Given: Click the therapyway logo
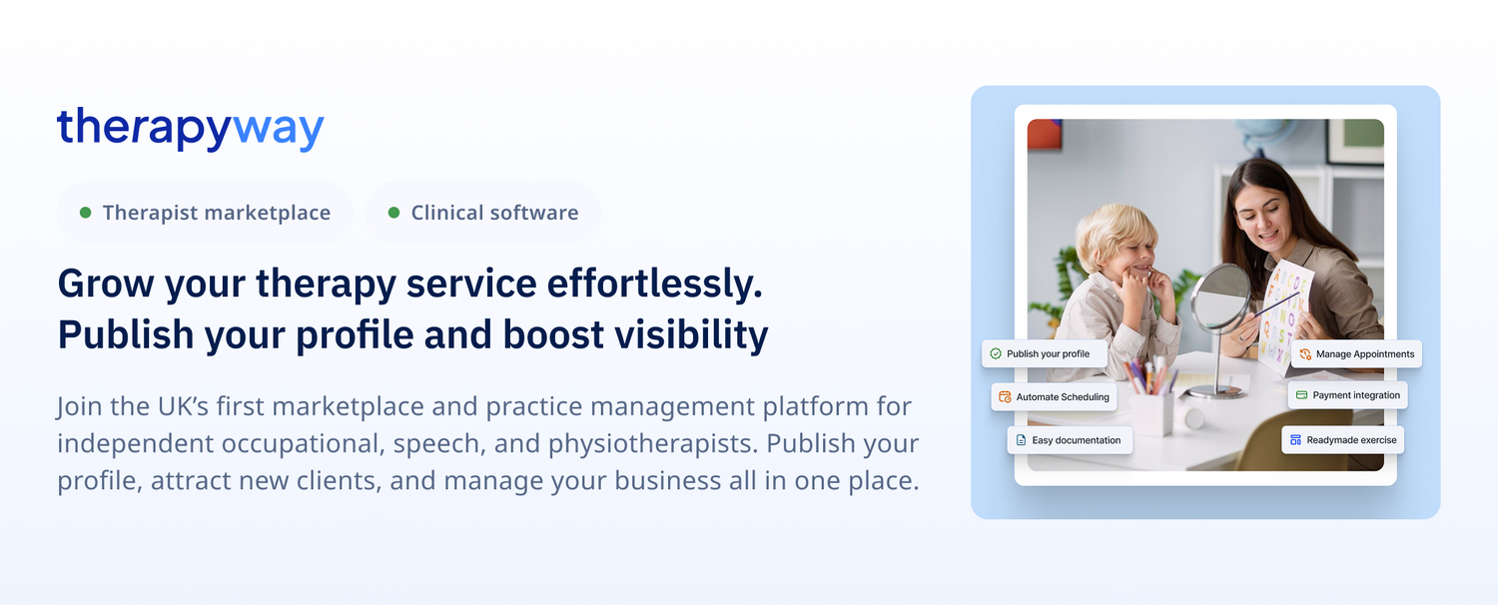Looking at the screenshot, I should tap(190, 129).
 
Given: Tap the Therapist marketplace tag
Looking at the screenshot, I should tap(206, 213).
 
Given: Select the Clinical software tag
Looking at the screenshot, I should tap(483, 213).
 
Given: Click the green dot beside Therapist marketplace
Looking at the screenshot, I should tap(86, 213).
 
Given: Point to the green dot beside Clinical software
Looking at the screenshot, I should tap(393, 213).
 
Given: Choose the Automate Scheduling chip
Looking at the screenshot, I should tap(1053, 396).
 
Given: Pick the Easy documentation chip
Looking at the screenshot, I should tap(1069, 440).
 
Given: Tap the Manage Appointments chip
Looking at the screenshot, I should tap(1356, 353).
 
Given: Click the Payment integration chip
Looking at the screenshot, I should tap(1347, 395).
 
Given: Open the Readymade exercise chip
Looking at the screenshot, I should tap(1342, 439).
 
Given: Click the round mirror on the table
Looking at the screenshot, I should tap(1220, 297).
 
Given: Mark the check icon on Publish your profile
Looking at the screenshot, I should tap(996, 353).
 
